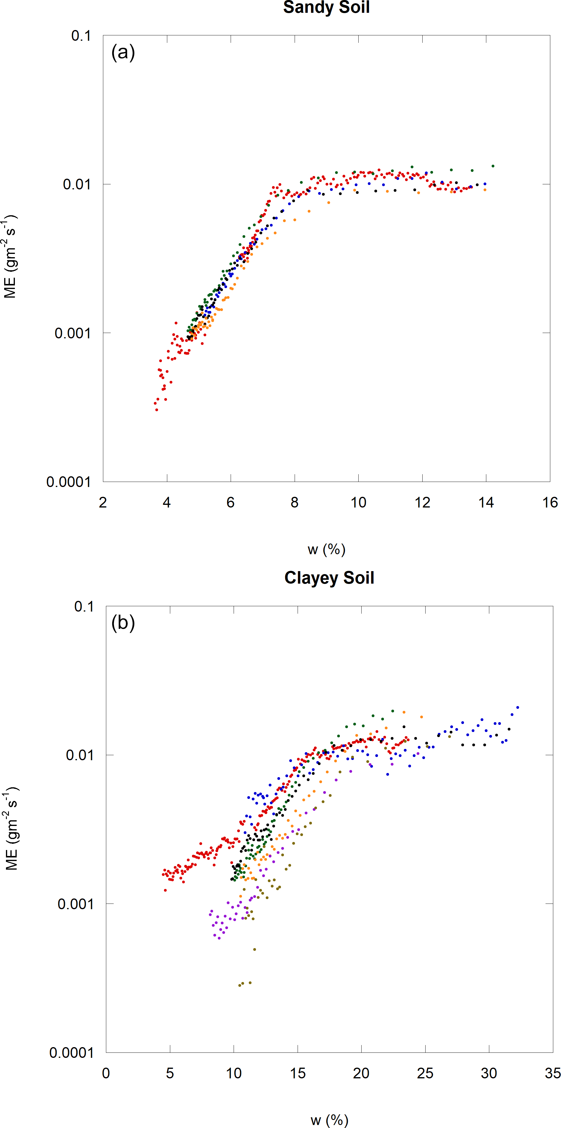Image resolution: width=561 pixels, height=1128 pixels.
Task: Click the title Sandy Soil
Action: click(326, 7)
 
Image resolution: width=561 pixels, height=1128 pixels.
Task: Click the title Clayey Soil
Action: click(329, 578)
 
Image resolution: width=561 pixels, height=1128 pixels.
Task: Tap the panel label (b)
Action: click(123, 623)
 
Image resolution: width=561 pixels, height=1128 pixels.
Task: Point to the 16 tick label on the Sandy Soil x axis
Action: click(550, 502)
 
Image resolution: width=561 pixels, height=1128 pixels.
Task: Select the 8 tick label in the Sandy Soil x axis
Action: click(295, 502)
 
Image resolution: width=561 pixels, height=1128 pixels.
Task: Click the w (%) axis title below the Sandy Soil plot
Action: click(326, 549)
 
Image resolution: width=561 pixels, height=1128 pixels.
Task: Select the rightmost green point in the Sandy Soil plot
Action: click(493, 166)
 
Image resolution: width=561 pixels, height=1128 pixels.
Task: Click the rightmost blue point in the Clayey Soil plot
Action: click(518, 707)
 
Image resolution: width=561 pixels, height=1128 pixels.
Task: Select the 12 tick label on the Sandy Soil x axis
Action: click(422, 502)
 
